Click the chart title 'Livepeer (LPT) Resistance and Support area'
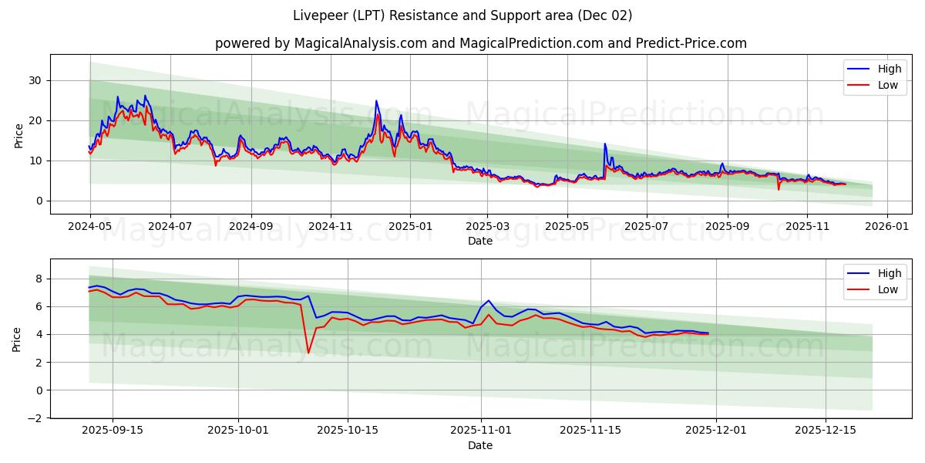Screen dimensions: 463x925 [462, 15]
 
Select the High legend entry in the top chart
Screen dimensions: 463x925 [889, 69]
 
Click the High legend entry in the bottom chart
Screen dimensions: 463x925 [889, 273]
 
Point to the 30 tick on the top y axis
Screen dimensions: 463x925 [36, 80]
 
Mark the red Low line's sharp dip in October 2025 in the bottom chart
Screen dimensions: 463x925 [308, 353]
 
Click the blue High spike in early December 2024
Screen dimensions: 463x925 [376, 101]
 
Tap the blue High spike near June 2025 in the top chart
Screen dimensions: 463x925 [605, 144]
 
